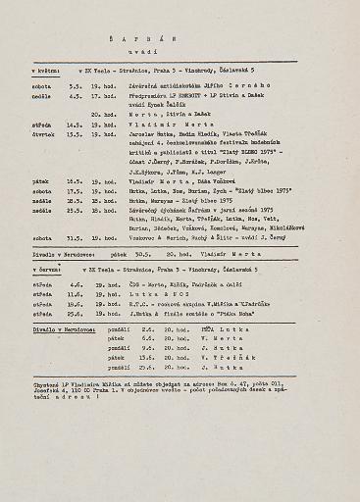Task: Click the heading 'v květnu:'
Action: [46, 74]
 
